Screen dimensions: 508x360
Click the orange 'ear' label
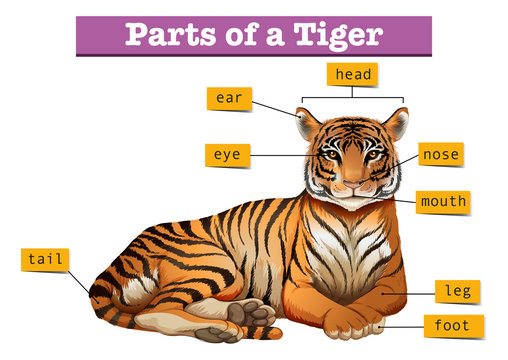pyautogui.click(x=228, y=98)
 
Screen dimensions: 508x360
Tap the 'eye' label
pyautogui.click(x=228, y=155)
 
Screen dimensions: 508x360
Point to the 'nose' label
pyautogui.click(x=440, y=154)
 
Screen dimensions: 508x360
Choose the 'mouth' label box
pyautogui.click(x=442, y=201)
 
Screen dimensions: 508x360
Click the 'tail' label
pyautogui.click(x=45, y=259)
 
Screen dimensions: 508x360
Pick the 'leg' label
pyautogui.click(x=458, y=291)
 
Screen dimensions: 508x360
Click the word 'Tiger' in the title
pyautogui.click(x=337, y=35)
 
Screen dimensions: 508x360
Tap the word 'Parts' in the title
pyautogui.click(x=165, y=35)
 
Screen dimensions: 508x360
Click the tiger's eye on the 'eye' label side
pyautogui.click(x=331, y=155)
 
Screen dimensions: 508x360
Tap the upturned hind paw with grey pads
pyautogui.click(x=249, y=315)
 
